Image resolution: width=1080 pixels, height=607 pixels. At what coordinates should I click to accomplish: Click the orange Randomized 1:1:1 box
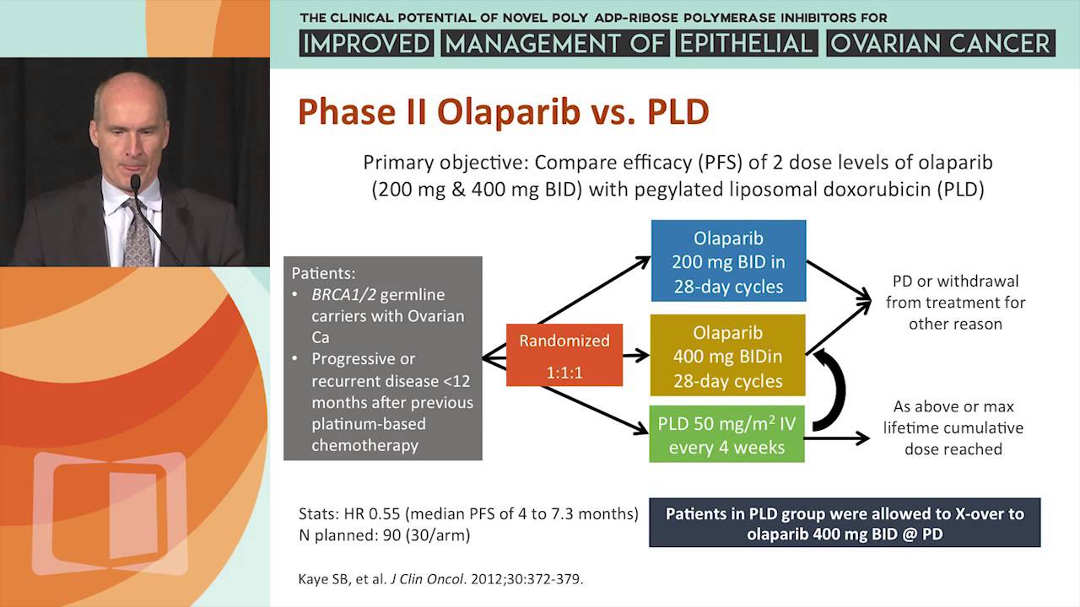click(564, 355)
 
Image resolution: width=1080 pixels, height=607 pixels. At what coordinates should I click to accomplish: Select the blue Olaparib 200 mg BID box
click(728, 261)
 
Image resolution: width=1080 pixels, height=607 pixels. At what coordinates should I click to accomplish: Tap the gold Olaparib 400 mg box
click(727, 356)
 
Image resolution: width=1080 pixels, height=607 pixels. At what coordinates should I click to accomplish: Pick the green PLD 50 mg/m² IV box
click(726, 434)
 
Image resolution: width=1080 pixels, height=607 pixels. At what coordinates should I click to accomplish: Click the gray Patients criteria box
click(382, 358)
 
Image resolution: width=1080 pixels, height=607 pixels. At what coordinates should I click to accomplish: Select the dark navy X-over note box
click(844, 523)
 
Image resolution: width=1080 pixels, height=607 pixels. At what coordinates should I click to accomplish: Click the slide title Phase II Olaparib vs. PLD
click(503, 112)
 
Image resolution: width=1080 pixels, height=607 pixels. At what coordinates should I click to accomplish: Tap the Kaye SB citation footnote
click(441, 579)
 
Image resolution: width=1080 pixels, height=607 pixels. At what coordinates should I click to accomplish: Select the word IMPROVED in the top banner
click(367, 43)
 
